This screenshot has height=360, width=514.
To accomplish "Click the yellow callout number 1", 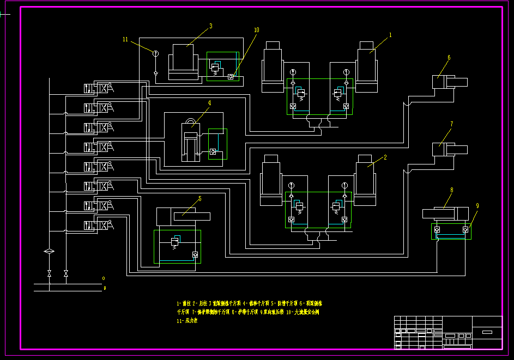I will pos(390,34).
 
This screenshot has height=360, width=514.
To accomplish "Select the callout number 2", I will pos(385,157).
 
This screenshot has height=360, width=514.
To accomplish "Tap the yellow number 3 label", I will pos(211,26).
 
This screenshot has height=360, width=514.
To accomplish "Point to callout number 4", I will pos(209,102).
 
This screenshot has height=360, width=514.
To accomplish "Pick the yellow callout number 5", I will pos(199,199).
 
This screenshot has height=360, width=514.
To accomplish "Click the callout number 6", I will pos(449,57).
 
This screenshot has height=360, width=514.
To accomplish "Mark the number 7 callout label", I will pos(451,124).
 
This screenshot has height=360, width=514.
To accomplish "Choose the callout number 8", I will pos(451,190).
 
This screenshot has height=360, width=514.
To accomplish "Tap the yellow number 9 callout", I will pos(477,206).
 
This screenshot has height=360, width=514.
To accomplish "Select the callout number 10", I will pos(256,30).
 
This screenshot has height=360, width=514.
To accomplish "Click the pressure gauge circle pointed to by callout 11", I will pos(155,53).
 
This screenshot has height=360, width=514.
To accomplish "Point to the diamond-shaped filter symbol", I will pos(50,251).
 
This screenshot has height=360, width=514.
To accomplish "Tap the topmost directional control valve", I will pos(99,88).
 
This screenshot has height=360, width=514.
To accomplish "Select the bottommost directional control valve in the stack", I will pos(99,225).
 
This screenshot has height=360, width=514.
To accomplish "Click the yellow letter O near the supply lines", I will pos(104,278).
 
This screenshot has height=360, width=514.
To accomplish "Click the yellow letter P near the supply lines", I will pos(104,288).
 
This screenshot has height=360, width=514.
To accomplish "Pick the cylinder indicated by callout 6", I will pos(449,82).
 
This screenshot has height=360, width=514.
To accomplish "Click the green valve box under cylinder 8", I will pos(451,231).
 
